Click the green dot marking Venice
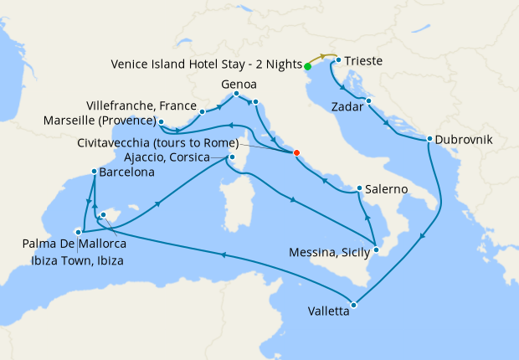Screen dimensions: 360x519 coord(307,65)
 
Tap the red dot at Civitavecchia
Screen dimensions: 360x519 coord(295,152)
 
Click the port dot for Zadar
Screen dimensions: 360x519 coord(368,101)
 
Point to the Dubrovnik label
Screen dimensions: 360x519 coord(462,139)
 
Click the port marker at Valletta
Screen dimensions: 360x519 coord(353,305)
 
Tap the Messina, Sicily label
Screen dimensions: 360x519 coord(331,251)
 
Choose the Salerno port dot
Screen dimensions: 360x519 coord(358,188)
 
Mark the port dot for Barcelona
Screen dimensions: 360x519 coord(93,172)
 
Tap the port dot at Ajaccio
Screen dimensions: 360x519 coord(232,157)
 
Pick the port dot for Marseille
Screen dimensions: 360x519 coord(161,122)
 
